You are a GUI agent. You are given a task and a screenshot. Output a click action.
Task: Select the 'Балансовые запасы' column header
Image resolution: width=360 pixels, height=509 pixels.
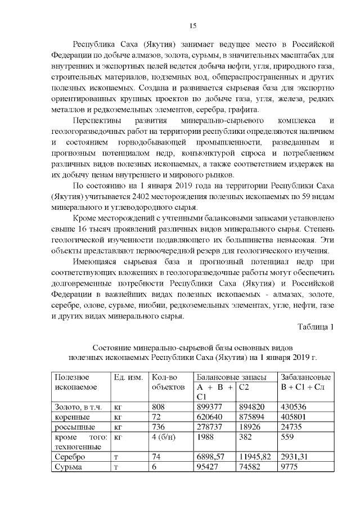tap(229, 377)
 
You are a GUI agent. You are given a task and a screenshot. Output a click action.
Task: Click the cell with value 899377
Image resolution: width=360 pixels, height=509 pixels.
tap(210, 407)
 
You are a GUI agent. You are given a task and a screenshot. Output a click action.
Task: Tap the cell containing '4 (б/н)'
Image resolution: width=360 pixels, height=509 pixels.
tap(164, 437)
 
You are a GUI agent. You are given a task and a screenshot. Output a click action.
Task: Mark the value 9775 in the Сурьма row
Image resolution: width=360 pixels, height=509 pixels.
tap(291, 467)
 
